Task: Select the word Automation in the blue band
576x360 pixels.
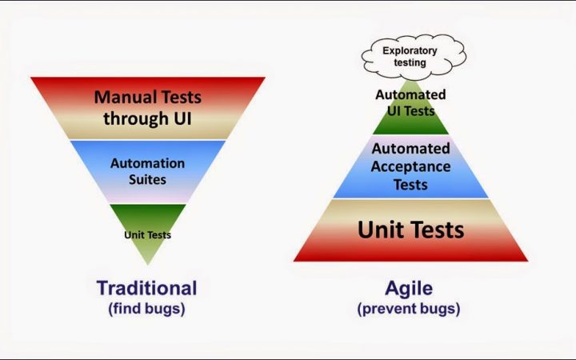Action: [x=147, y=163]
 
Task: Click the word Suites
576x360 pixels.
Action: [x=147, y=180]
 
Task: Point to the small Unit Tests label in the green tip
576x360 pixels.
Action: [x=148, y=234]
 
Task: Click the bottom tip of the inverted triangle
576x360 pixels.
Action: [x=148, y=265]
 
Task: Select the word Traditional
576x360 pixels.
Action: [x=147, y=288]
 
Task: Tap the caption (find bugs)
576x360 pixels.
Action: [x=146, y=309]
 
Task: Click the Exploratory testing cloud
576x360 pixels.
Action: [x=414, y=56]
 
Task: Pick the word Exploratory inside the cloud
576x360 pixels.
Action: [x=410, y=50]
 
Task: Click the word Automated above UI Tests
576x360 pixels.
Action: [x=410, y=94]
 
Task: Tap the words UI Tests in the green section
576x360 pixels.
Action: [x=410, y=110]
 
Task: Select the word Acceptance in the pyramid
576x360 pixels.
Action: [x=410, y=166]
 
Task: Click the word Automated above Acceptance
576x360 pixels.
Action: [x=410, y=149]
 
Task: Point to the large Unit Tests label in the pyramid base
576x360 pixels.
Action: [x=410, y=230]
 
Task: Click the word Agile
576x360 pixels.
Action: [x=409, y=288]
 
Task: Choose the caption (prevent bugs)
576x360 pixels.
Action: [x=409, y=309]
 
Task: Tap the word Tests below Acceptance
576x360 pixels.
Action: [x=410, y=185]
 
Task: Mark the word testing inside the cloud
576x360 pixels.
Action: [x=410, y=62]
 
